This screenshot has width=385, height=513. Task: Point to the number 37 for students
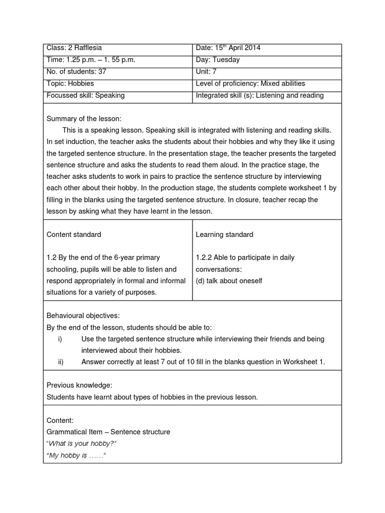102,72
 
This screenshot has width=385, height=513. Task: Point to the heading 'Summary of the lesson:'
84,119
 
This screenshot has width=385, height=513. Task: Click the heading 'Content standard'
74,234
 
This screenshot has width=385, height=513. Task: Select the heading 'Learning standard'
224,234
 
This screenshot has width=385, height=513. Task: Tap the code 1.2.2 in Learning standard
204,258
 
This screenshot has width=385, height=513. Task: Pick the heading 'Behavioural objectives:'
83,316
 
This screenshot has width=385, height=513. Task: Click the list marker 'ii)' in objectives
61,362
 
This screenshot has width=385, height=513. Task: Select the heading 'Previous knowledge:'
79,385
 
